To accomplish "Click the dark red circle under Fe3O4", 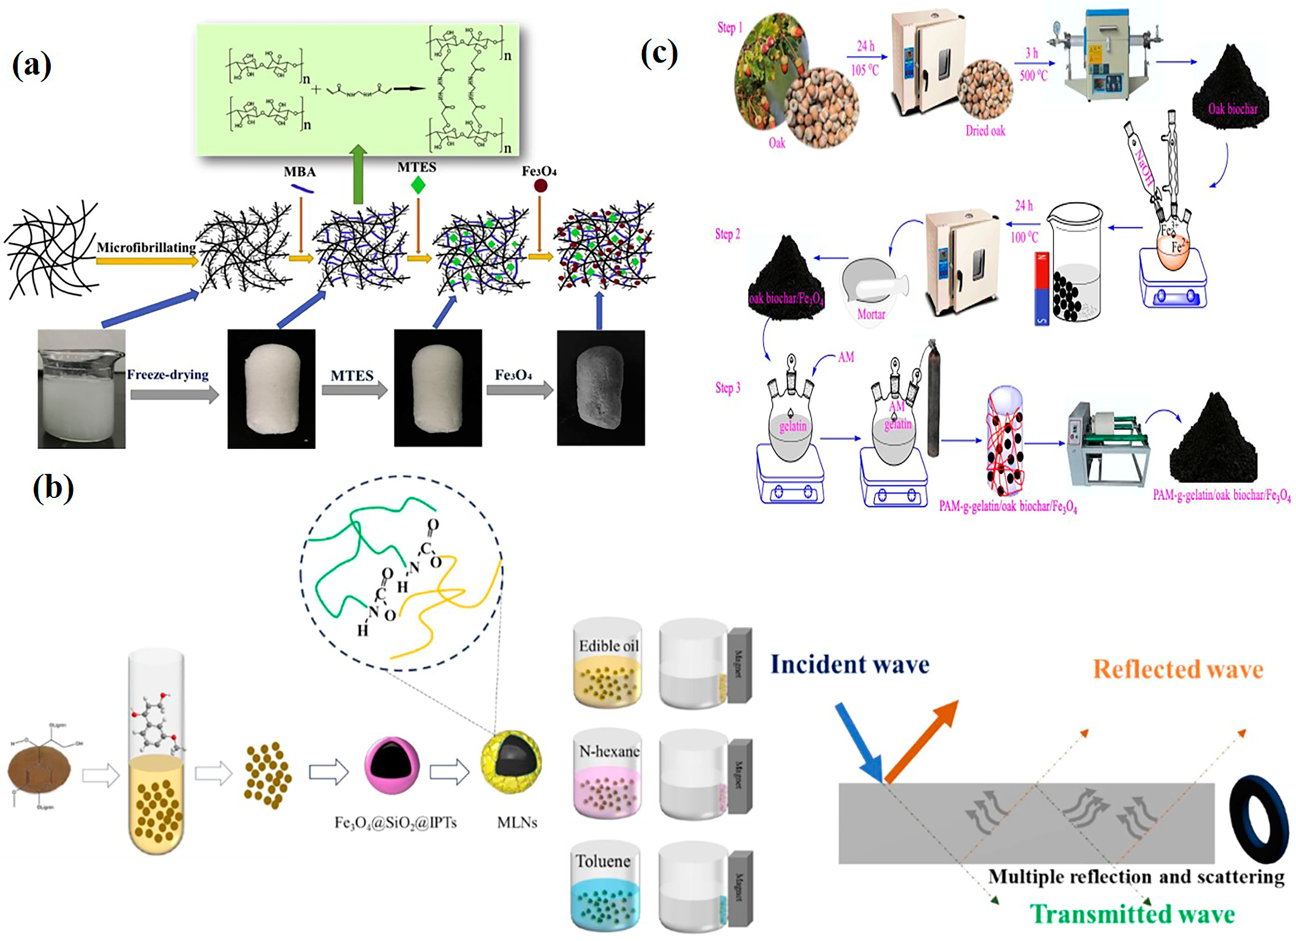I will click(x=540, y=186).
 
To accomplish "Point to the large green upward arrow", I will click(x=358, y=174).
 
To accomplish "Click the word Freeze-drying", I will click(x=168, y=375).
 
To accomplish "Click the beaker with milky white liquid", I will click(x=81, y=389).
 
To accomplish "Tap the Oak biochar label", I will click(x=1232, y=109).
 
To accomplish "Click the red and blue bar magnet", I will click(x=1042, y=289).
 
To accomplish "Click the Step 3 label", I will click(x=728, y=388).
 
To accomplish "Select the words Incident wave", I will click(x=850, y=664).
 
